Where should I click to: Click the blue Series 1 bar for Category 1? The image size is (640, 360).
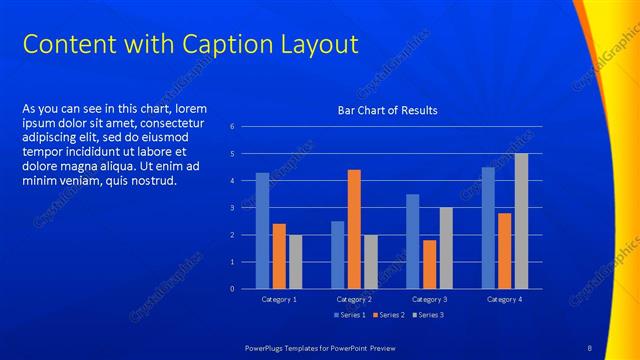pos(262,231)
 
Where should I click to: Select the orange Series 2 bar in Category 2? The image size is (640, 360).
pos(354,229)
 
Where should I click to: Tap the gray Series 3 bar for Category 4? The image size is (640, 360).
pos(521,221)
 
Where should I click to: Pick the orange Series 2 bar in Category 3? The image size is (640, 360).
pos(429,264)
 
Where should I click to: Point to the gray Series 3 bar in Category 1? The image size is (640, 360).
pos(295,262)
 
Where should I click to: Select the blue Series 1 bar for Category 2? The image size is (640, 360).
pos(338,255)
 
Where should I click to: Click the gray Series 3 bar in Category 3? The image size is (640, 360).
pos(446,248)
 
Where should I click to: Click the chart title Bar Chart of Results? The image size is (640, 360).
pos(387,110)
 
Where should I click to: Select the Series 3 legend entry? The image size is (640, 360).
pos(427,315)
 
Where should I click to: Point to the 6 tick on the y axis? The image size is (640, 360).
pos(232,127)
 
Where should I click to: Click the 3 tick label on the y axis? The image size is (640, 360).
pos(232,208)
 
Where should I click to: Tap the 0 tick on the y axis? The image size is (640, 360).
pos(232,289)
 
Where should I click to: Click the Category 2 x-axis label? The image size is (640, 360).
pos(354,299)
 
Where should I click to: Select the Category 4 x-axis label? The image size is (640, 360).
pos(504,299)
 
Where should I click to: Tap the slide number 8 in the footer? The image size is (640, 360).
pos(589,347)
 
